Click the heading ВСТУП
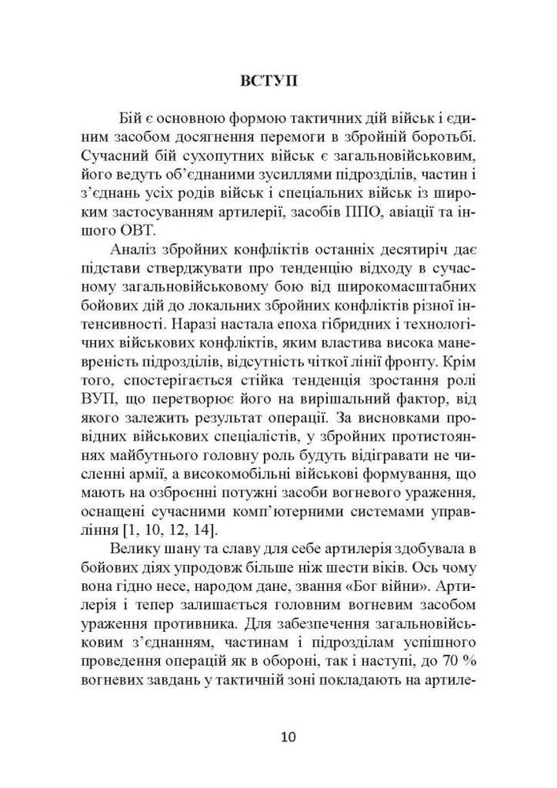[277, 81]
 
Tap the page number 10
[288, 738]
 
